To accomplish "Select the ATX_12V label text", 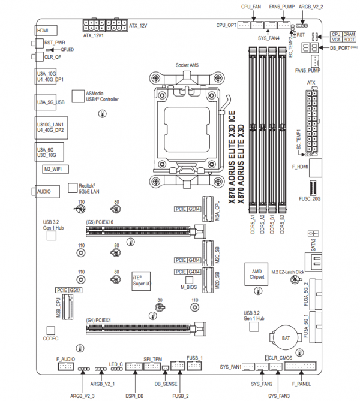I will [x=139, y=26].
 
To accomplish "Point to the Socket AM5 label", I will [x=188, y=65].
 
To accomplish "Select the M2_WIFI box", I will [x=53, y=170].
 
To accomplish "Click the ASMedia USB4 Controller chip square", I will [x=77, y=96].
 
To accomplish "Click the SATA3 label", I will [x=313, y=243].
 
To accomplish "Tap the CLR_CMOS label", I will [x=281, y=357].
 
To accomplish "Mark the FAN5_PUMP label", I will [x=308, y=71].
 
